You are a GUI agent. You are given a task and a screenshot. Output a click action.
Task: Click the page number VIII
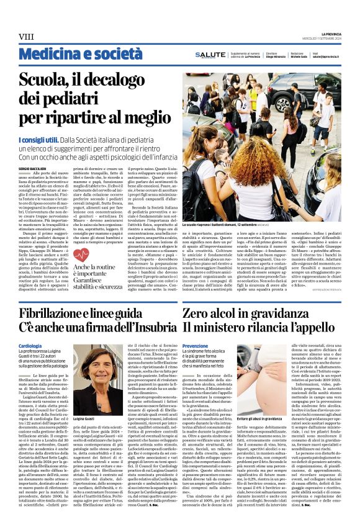pyautogui.click(x=27, y=38)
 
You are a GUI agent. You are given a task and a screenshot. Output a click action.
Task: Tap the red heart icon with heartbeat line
pyautogui.click(x=81, y=255)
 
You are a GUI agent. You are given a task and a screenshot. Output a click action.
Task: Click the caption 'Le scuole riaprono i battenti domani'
pyautogui.click(x=220, y=223)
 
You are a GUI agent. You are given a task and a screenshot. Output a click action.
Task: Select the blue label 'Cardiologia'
pyautogui.click(x=30, y=346)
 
